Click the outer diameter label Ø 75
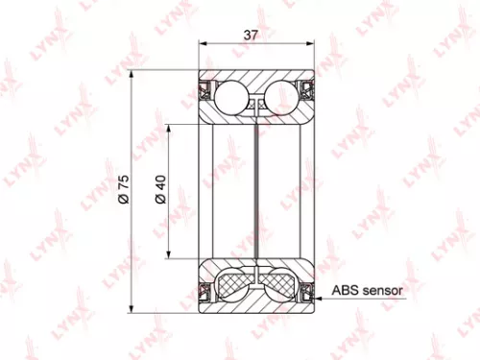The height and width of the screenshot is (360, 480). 123,191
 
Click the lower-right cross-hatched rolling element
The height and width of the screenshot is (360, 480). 279,285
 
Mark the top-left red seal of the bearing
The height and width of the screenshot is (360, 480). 204,92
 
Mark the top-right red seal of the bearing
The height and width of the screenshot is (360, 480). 309,92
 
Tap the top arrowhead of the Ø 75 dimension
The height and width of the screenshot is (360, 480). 131,75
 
